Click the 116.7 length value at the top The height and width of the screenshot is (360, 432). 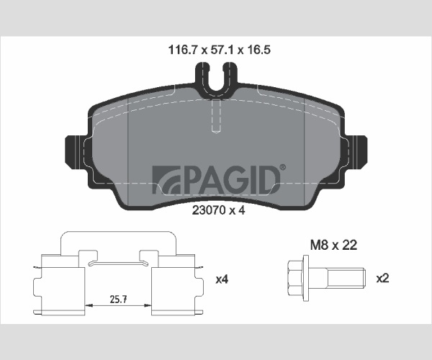(183, 50)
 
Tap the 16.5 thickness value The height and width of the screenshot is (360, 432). (258, 50)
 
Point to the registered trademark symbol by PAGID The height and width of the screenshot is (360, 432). (283, 167)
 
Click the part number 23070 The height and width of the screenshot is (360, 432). (208, 210)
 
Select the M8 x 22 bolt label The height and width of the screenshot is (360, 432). (333, 245)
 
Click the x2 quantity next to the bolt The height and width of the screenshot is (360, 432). (383, 279)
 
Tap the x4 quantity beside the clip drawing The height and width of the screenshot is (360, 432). (222, 279)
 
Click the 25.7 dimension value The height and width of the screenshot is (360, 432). (118, 299)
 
